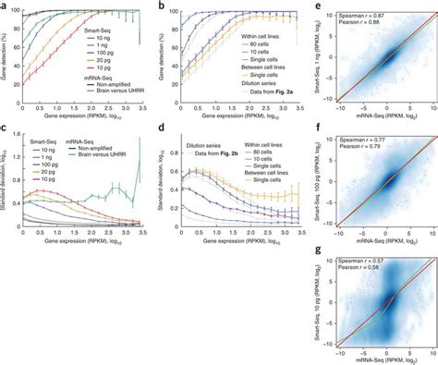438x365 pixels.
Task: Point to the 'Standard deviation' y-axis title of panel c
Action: (x=6, y=189)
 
